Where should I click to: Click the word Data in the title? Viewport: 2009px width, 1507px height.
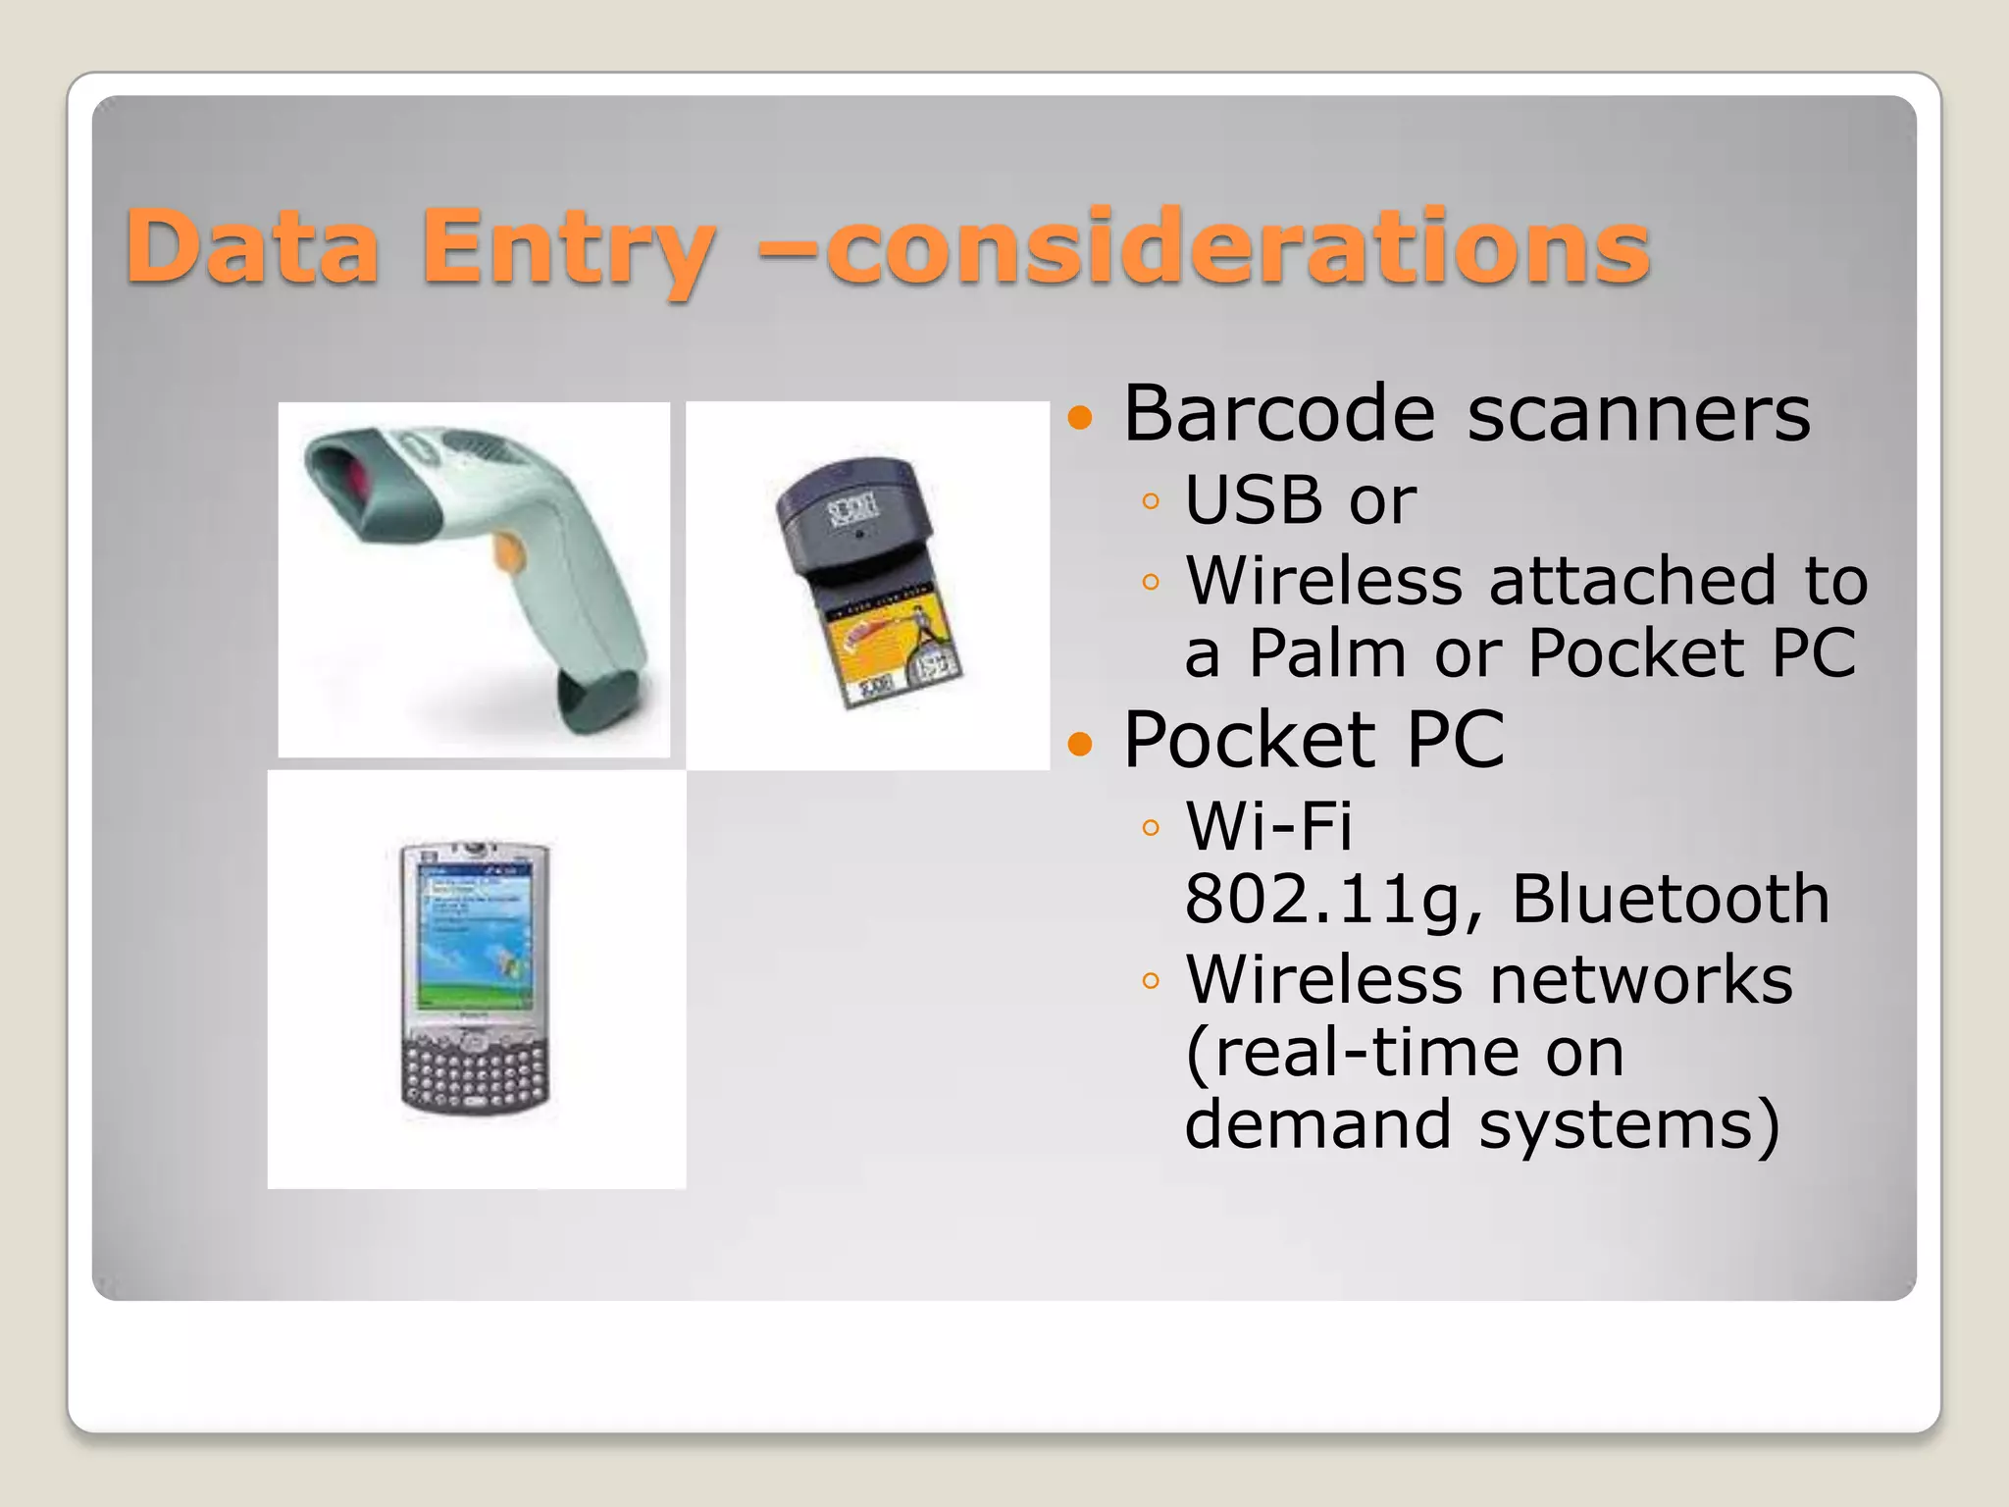click(252, 246)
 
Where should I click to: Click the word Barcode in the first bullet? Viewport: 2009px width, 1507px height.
click(1279, 413)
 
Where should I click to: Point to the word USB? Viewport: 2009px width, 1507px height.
click(1253, 499)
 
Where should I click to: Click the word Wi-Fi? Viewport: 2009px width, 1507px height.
click(1268, 825)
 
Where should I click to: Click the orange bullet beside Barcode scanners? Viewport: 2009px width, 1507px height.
click(1080, 419)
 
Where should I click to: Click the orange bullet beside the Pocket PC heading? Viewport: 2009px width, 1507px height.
click(1080, 744)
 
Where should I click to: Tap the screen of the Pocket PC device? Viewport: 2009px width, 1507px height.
click(475, 937)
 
